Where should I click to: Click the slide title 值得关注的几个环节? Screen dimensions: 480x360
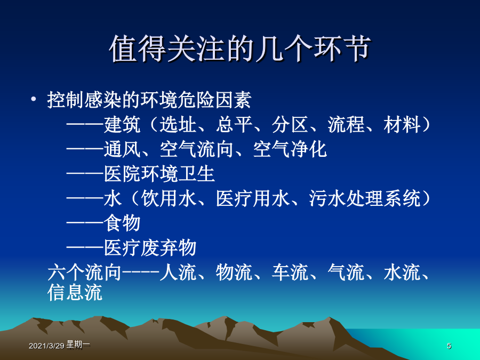(240, 49)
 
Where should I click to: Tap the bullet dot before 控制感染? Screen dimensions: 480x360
(34, 99)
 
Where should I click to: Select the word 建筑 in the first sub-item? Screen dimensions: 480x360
(122, 125)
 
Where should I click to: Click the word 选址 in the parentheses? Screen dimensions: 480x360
(178, 125)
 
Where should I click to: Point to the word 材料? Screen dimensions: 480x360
(402, 125)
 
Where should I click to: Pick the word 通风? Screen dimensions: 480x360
(122, 149)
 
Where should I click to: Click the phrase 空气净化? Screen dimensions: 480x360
(290, 149)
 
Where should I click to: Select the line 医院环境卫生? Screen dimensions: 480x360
(159, 173)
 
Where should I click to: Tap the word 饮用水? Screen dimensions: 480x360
(169, 198)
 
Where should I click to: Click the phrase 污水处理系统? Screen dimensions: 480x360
(365, 198)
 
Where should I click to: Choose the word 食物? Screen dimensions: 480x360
(122, 222)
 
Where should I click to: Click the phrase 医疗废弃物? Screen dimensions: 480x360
(150, 247)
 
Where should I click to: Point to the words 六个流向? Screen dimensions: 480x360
(84, 272)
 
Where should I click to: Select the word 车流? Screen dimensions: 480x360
(290, 272)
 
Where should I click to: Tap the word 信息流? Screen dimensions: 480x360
(75, 292)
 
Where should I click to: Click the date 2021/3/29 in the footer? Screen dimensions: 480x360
(46, 346)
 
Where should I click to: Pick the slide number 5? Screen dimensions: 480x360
(449, 346)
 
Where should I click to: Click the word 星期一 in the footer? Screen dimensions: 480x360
(78, 345)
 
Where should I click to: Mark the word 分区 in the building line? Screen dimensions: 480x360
(290, 125)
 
